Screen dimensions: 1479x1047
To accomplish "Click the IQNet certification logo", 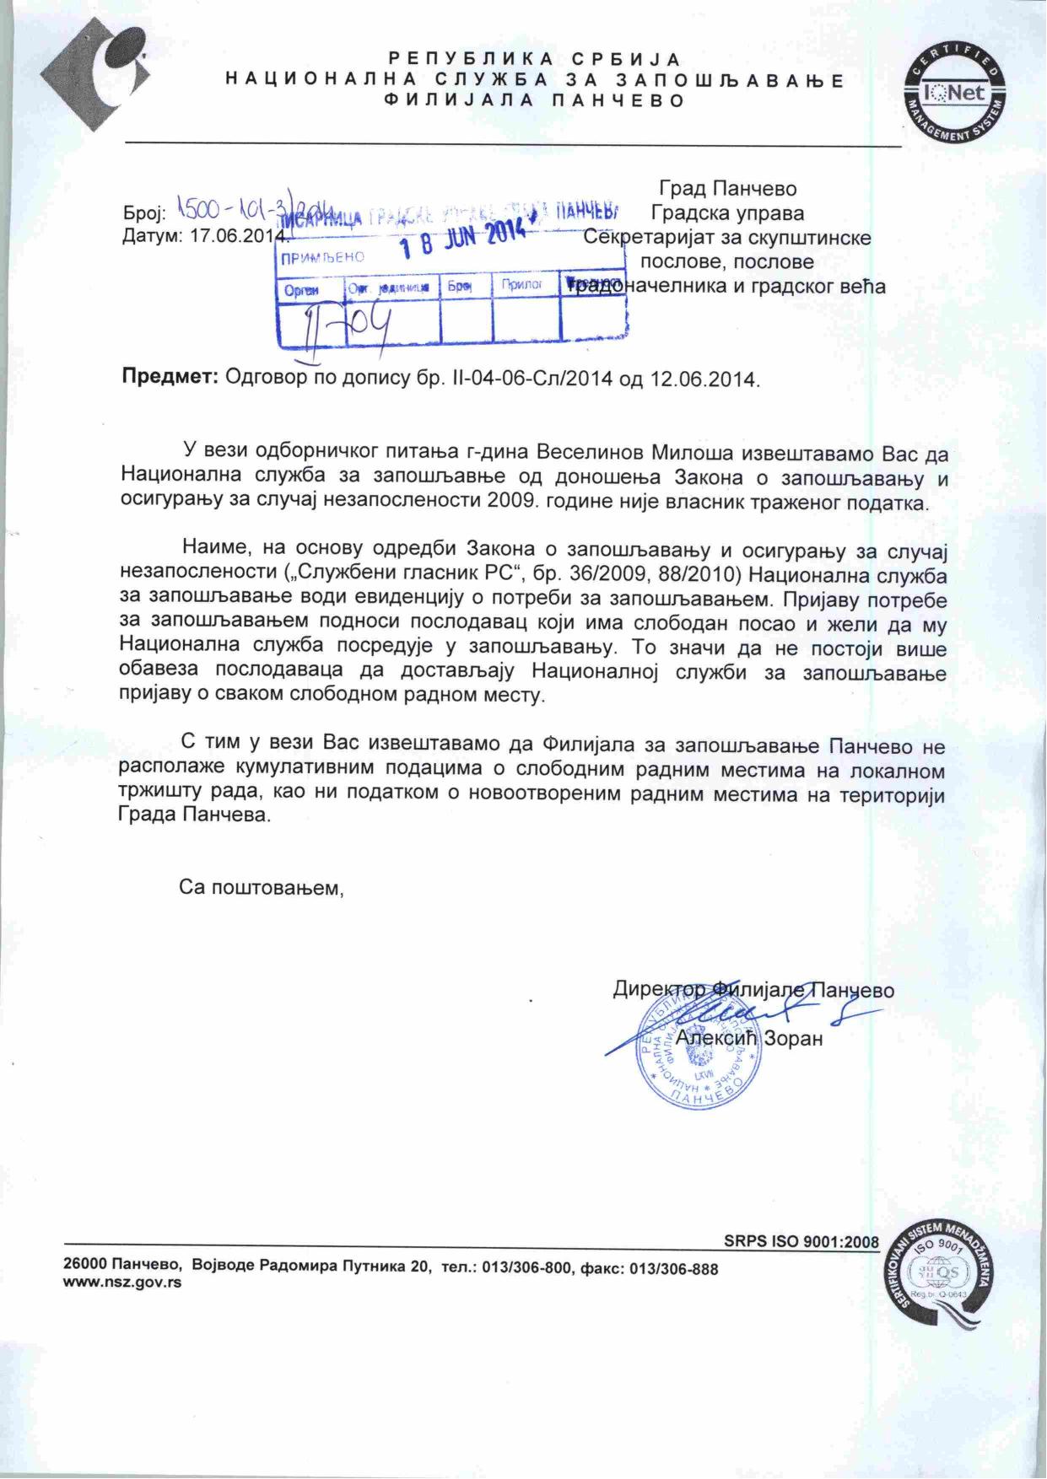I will click(956, 92).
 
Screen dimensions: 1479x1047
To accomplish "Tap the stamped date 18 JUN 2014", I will click(462, 236).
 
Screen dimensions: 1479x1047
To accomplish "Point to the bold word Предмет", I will click(171, 377).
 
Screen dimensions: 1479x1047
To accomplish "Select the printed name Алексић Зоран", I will click(748, 1039).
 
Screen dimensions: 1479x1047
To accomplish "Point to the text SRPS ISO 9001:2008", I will click(801, 1241).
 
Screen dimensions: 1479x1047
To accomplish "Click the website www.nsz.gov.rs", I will click(122, 1283).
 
